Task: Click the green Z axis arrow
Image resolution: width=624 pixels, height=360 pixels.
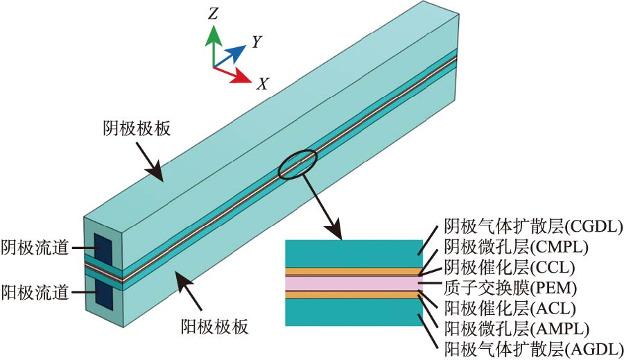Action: [x=214, y=43]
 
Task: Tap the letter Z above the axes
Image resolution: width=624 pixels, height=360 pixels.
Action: [x=214, y=13]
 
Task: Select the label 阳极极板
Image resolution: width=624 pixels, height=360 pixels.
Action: [x=214, y=324]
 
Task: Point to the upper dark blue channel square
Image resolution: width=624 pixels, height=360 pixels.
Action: [x=103, y=246]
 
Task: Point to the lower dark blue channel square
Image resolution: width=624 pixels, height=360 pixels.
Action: [x=103, y=293]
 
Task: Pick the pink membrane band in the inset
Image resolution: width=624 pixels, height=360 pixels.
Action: [x=353, y=284]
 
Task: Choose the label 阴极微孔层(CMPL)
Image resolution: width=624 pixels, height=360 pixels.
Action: [x=516, y=246]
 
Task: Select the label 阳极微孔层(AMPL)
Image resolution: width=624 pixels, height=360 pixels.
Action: [x=516, y=327]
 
